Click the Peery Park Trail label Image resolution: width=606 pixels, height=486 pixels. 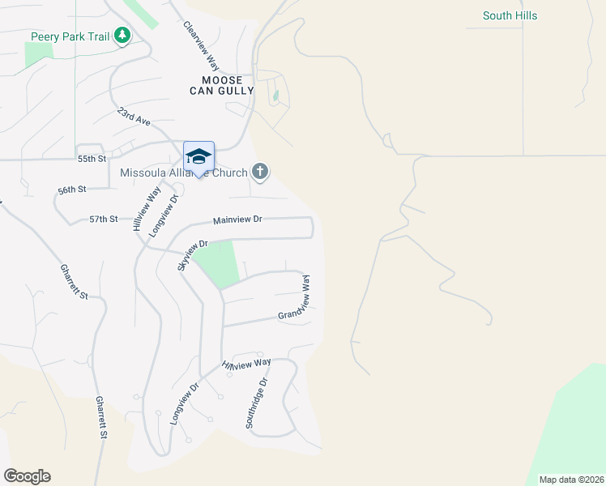coord(70,36)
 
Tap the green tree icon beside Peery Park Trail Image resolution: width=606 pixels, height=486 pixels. coord(122,36)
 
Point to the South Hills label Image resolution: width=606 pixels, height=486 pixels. coord(510,15)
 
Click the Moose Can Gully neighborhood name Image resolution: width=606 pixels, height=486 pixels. coord(222,85)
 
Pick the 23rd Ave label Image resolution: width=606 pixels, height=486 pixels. coord(134,116)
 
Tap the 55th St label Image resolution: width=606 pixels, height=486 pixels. coord(92,159)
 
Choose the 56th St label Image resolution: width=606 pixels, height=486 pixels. coord(71,190)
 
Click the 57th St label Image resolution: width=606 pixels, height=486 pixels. coord(104,219)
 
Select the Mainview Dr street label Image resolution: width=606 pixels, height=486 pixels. coord(238,220)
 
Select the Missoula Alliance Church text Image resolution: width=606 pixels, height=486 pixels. coord(184,173)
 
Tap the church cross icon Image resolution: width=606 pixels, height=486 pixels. coord(259,171)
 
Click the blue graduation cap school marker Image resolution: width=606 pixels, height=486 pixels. coord(198,156)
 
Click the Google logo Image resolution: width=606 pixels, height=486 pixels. coord(27,476)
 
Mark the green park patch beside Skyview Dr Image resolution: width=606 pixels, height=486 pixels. coord(217,262)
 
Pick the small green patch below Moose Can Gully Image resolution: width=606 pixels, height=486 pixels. coord(275,97)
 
